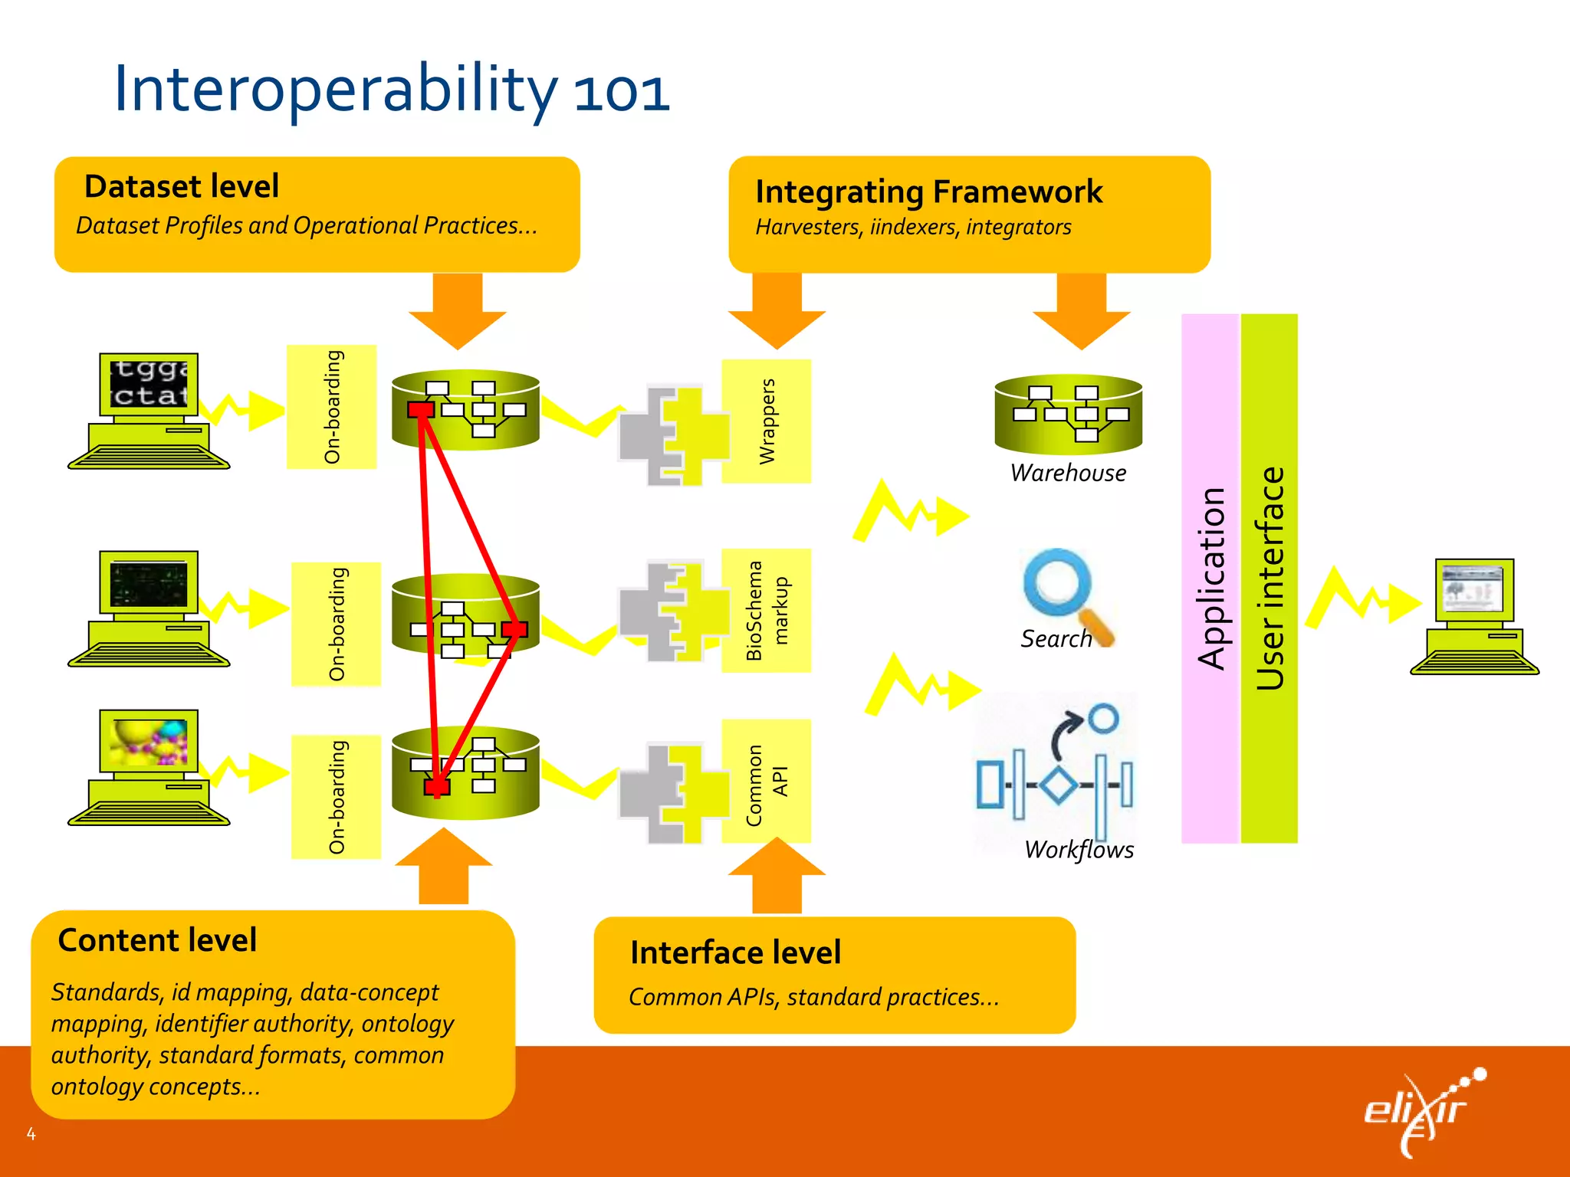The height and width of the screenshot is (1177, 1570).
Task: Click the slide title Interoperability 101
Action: click(392, 90)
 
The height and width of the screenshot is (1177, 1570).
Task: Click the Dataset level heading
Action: click(182, 186)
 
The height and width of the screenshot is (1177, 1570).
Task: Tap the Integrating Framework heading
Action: click(928, 192)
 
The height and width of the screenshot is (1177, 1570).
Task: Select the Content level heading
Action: click(157, 940)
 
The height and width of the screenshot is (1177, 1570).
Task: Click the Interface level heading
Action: click(735, 952)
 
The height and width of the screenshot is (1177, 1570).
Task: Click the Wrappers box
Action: click(767, 421)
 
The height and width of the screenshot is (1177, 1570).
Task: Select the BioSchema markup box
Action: click(767, 611)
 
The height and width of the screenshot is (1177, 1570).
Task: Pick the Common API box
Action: click(767, 782)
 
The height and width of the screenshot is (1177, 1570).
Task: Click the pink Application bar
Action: click(1210, 579)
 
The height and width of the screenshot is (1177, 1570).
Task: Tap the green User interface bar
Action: click(1269, 579)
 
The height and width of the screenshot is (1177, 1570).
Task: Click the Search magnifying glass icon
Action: click(1062, 590)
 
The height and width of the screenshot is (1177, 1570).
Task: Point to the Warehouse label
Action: click(1068, 473)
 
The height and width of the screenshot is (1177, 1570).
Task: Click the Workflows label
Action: click(1079, 849)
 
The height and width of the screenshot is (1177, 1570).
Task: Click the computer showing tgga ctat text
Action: click(149, 410)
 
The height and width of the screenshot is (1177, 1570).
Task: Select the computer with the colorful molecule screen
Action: click(149, 766)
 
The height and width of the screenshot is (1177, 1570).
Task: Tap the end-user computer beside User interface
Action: click(1474, 617)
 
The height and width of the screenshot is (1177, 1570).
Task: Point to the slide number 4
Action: click(31, 1134)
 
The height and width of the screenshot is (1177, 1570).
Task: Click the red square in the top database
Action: click(421, 410)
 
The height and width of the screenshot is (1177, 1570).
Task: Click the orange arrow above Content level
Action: click(444, 866)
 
